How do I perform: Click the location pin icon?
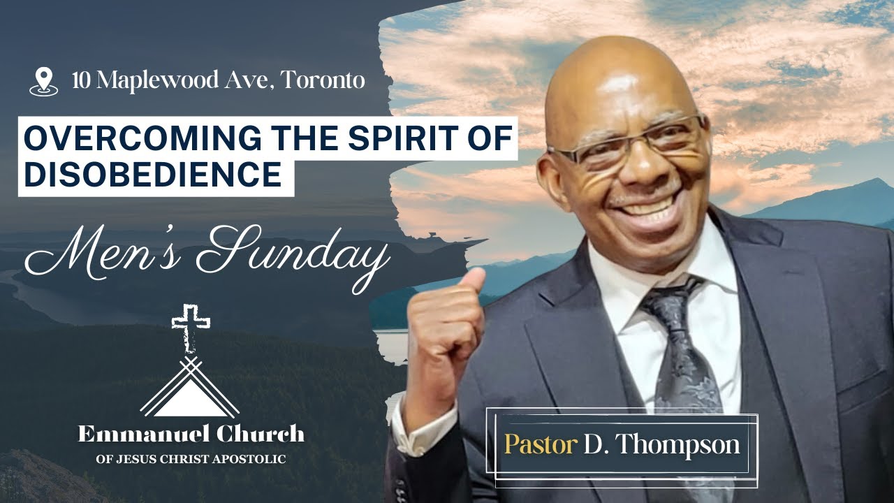[x=43, y=81]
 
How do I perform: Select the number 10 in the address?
[x=82, y=80]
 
